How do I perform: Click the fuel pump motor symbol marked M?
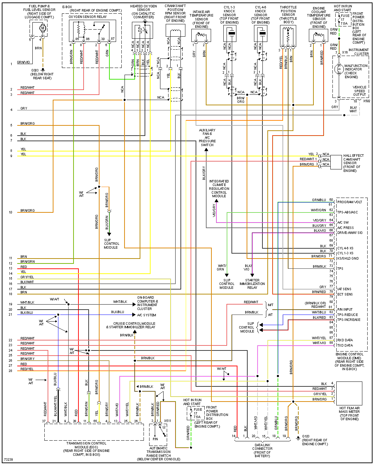(43, 28)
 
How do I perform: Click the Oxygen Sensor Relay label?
(88, 17)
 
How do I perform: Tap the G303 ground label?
(42, 74)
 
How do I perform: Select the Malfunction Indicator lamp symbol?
(339, 69)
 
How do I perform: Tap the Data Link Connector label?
(262, 451)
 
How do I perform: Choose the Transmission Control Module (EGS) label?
(86, 449)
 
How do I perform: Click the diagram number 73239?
(8, 460)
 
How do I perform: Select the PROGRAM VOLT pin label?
(350, 202)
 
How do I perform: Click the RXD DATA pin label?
(345, 340)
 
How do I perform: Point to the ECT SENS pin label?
(345, 294)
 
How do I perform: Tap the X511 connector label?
(167, 421)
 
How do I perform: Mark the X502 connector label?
(367, 101)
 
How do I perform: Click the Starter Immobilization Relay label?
(252, 284)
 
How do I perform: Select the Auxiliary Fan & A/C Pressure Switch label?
(207, 137)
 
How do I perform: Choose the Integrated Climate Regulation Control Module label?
(219, 188)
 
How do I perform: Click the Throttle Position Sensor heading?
(288, 14)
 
